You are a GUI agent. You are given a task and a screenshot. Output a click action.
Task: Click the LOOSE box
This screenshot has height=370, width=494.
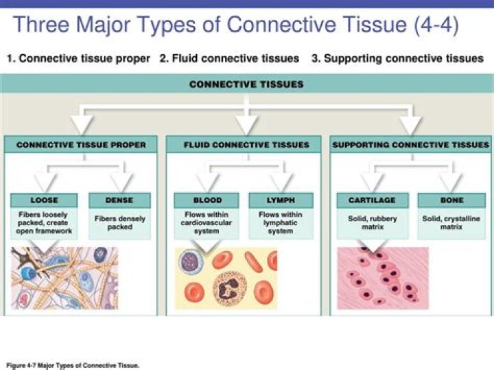pyautogui.click(x=45, y=200)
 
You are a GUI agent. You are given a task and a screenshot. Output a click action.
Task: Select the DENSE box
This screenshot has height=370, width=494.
pyautogui.click(x=119, y=200)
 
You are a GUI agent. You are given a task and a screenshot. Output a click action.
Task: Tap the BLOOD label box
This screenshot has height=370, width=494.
pyautogui.click(x=207, y=200)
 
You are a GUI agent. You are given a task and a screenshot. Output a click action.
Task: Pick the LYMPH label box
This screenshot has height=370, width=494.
pyautogui.click(x=281, y=200)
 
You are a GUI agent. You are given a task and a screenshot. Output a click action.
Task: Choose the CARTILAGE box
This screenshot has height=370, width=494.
pyautogui.click(x=372, y=200)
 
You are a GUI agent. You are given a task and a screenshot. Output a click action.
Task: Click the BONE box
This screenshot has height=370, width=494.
pyautogui.click(x=450, y=200)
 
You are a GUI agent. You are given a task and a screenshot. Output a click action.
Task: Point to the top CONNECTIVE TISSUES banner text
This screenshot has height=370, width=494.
pyautogui.click(x=246, y=84)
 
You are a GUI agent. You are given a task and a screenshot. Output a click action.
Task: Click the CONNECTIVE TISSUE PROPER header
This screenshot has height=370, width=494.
pyautogui.click(x=81, y=145)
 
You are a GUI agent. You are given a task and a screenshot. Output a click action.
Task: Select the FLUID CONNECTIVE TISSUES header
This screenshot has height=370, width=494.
pyautogui.click(x=246, y=145)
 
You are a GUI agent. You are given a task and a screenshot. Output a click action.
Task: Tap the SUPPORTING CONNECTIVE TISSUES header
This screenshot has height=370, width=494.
pyautogui.click(x=410, y=145)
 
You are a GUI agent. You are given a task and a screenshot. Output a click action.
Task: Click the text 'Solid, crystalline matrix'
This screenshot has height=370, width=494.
pyautogui.click(x=451, y=222)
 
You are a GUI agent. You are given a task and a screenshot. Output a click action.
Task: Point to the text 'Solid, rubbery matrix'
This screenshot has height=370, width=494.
pyautogui.click(x=373, y=222)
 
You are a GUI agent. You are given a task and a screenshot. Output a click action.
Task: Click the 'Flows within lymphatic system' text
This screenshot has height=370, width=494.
pyautogui.click(x=281, y=223)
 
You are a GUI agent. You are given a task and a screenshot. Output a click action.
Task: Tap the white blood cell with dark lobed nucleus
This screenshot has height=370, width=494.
pyautogui.click(x=228, y=288)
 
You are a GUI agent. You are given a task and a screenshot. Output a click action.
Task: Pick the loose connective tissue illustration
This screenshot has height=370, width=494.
pyautogui.click(x=64, y=278)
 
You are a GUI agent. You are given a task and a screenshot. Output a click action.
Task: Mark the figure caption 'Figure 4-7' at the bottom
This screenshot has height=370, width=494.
pyautogui.click(x=73, y=365)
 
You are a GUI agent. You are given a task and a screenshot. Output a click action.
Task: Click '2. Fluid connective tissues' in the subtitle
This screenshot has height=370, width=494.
pyautogui.click(x=229, y=59)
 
